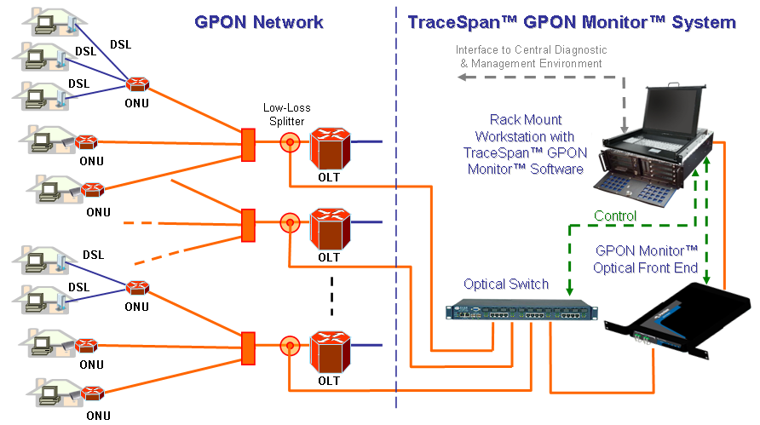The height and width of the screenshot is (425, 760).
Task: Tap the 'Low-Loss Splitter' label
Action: [286, 116]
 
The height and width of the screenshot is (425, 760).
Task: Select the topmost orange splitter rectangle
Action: [248, 145]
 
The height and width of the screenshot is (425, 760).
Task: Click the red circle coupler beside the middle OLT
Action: [291, 224]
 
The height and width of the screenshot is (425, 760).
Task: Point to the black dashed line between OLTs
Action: [332, 297]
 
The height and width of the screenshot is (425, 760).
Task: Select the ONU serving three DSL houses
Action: [136, 86]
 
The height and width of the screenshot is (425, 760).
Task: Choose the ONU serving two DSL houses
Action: [136, 287]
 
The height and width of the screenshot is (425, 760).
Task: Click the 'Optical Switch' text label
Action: [506, 284]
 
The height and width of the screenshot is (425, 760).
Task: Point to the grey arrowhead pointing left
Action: [460, 78]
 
